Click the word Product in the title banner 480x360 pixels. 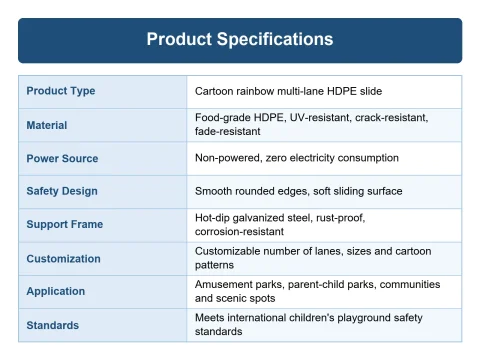179,39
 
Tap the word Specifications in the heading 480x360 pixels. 275,40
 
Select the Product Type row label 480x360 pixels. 61,91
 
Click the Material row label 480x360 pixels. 47,125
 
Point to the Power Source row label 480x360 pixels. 62,158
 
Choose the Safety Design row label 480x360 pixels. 62,191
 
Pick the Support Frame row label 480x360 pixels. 65,224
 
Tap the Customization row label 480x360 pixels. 63,259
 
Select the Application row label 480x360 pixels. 56,292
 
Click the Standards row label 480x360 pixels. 53,325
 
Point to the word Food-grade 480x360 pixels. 223,118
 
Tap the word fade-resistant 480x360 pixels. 228,131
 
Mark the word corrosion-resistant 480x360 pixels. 239,231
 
